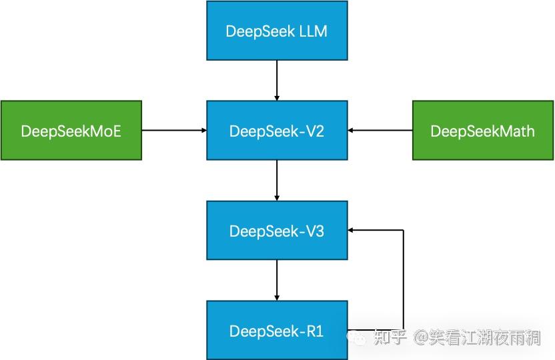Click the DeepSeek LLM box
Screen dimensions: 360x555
coord(277,31)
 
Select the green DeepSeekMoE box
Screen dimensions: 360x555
coord(71,131)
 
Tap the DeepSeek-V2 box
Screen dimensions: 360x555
coord(277,131)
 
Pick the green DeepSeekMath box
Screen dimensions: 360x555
coord(482,131)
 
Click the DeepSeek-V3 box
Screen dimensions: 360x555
coord(277,231)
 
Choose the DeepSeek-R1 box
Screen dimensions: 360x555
coord(277,330)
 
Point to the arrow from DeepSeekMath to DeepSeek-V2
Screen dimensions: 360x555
coord(380,131)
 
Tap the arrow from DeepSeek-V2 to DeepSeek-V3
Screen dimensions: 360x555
coord(277,180)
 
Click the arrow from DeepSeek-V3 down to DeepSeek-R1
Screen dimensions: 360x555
coord(277,280)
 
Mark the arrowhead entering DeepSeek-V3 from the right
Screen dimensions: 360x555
coord(352,231)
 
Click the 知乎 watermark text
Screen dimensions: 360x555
coord(390,338)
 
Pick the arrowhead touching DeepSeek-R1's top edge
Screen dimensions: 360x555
coord(277,297)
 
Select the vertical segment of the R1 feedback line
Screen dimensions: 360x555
coord(404,280)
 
